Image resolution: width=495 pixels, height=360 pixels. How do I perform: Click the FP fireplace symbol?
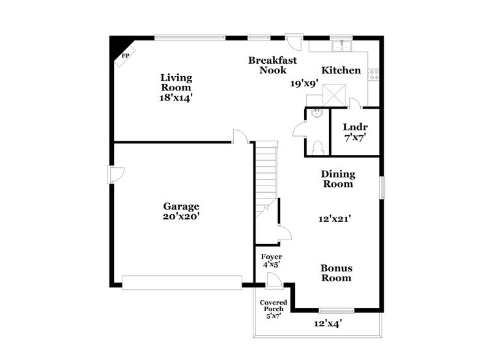125,57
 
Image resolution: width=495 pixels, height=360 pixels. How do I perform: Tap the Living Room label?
176,82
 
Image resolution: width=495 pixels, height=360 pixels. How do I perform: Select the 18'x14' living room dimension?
176,98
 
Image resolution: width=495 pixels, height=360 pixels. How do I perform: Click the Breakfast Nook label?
272,65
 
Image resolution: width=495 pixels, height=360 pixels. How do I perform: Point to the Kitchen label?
341,70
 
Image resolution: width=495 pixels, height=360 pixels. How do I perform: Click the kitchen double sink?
342,46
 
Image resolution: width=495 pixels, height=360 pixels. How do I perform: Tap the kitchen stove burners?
374,75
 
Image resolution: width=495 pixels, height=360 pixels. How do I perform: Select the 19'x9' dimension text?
304,83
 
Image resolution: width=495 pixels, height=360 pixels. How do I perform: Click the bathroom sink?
317,113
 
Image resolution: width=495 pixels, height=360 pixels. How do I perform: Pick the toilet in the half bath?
318,148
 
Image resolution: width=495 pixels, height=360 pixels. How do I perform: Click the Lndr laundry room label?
355,127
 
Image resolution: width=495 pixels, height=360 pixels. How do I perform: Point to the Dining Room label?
338,179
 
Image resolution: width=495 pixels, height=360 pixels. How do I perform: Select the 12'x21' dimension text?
335,219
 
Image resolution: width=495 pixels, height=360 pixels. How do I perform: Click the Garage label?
181,206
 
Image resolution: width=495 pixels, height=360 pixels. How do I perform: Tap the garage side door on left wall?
115,175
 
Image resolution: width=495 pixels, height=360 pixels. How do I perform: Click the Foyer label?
272,257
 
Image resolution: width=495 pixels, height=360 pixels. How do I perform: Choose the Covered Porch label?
274,306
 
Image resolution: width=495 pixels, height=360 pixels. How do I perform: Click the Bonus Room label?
336,273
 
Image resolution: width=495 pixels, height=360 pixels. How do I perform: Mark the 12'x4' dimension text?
328,324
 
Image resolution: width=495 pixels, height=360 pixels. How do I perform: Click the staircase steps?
266,176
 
